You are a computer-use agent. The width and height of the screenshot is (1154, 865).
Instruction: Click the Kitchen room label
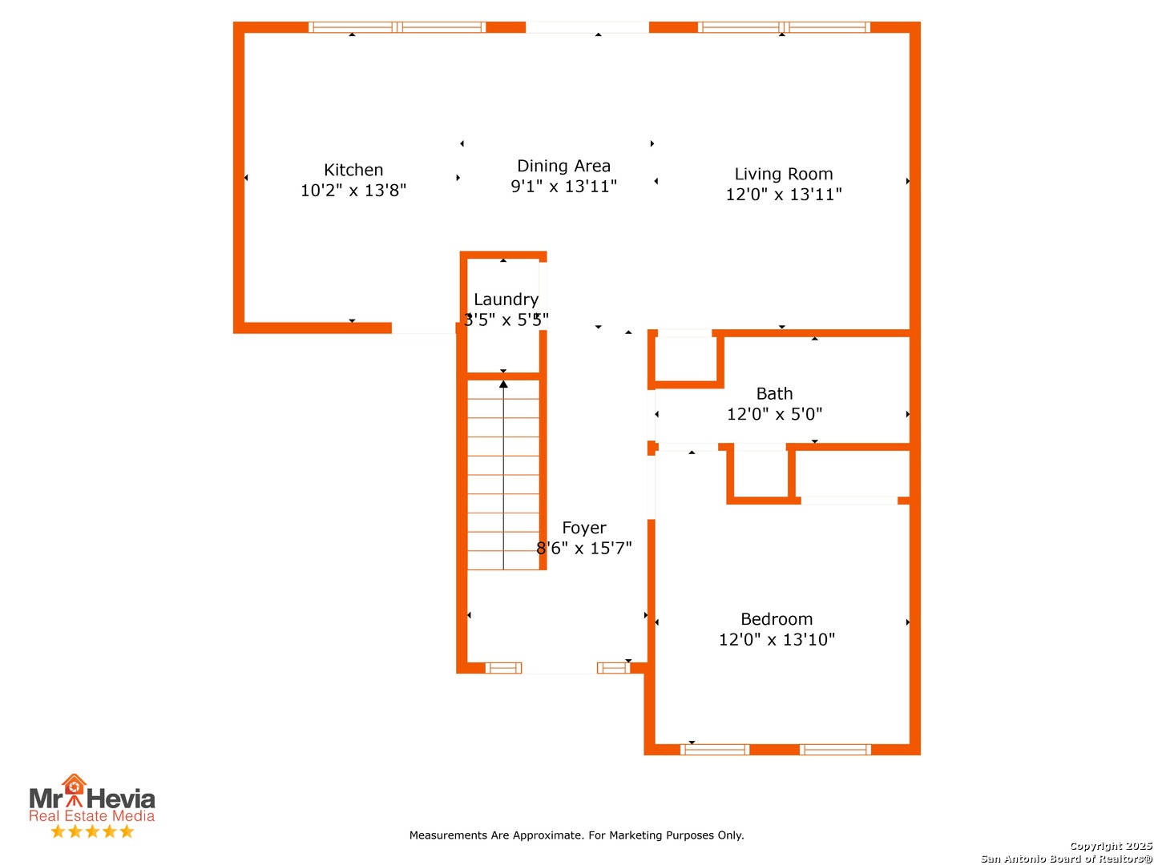353,170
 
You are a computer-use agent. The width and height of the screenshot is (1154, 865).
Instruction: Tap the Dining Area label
563,166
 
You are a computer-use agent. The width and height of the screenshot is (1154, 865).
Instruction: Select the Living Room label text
783,174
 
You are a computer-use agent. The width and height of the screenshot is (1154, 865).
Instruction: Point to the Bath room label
774,393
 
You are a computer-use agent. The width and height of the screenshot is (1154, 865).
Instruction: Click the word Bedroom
777,618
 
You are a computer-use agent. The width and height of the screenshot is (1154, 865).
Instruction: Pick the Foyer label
583,527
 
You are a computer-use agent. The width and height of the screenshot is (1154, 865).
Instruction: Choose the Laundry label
506,300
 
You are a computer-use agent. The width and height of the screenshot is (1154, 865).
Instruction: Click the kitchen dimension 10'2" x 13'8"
353,190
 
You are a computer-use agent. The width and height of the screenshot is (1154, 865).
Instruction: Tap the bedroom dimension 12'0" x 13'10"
777,639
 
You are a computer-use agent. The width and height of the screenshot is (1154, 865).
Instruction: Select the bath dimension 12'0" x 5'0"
774,414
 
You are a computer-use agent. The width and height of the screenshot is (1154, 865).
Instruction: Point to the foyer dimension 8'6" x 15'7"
583,549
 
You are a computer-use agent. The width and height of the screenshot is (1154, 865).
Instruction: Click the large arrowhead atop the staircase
503,384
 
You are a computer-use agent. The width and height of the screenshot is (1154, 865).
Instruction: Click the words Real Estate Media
91,815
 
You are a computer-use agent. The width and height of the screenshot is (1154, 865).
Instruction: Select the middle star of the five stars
92,831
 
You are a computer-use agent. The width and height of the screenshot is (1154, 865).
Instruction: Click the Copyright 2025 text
1111,846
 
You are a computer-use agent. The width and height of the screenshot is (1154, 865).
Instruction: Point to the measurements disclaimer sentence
576,835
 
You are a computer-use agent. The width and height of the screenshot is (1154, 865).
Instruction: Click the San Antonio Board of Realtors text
1066,859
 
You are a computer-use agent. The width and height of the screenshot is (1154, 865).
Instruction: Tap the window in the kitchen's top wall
397,27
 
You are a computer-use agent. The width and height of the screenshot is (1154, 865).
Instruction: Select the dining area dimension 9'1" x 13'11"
563,187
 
